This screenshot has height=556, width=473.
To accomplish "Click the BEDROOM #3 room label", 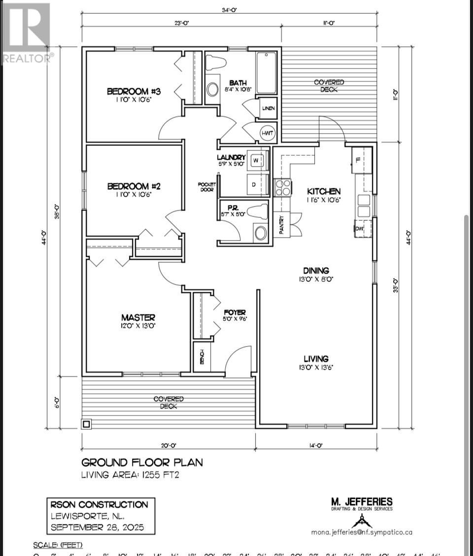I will click(135, 91).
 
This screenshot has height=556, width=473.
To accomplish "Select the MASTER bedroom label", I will click(138, 317).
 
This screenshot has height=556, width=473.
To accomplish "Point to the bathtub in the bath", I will click(267, 72).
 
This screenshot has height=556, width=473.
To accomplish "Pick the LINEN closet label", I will click(269, 108).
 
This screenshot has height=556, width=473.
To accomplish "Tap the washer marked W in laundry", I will click(257, 160).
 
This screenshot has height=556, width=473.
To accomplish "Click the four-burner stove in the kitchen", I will click(282, 188).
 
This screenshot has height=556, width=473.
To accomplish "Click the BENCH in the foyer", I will click(202, 356).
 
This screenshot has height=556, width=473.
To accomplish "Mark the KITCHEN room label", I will click(324, 191).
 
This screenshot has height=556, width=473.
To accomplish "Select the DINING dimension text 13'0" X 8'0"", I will click(316, 279).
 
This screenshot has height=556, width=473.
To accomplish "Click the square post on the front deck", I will click(86, 423).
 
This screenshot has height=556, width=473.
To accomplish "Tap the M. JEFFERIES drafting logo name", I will click(362, 502).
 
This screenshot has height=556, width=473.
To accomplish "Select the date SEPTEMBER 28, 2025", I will click(98, 527).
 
